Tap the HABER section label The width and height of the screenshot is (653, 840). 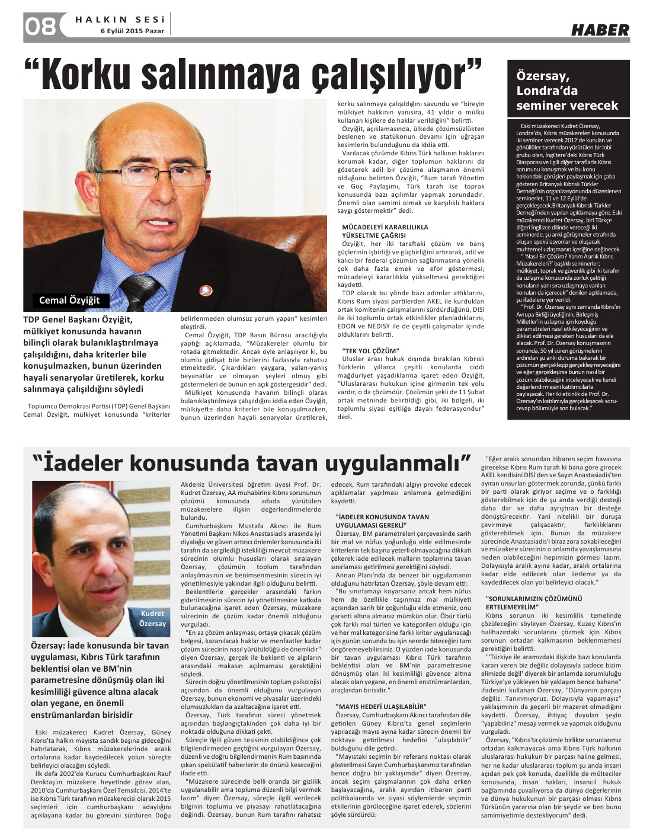[600, 30]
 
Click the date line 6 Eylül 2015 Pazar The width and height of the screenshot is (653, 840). [134, 31]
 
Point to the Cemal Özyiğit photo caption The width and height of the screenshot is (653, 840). [69, 300]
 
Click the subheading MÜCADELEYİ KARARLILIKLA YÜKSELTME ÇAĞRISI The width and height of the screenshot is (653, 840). [385, 231]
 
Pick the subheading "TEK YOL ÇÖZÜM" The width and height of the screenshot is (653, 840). [370, 351]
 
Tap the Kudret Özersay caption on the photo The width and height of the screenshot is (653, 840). [153, 619]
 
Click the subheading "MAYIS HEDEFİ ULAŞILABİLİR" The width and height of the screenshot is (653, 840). [380, 707]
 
